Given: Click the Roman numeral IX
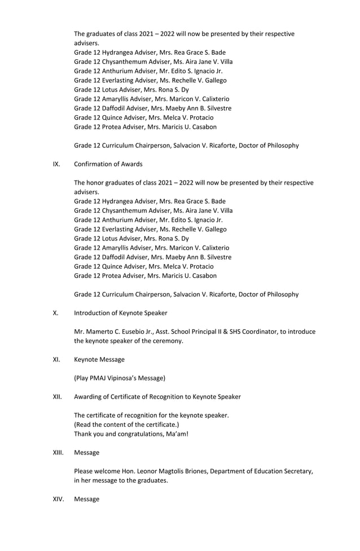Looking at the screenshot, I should tap(56, 164).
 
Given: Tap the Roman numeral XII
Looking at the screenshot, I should tap(57, 397).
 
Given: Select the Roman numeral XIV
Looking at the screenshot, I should tap(57, 499).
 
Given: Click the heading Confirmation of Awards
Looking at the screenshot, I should tap(108, 164).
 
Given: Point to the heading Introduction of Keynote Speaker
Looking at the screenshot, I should tap(120, 313).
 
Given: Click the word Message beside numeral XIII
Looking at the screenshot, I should tap(87, 453).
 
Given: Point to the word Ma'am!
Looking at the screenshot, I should tap(177, 434).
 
